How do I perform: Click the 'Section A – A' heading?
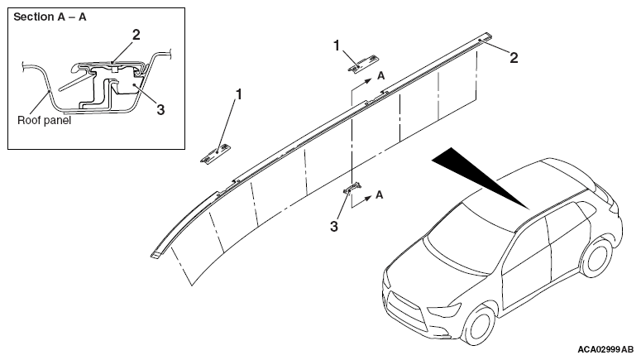(50, 17)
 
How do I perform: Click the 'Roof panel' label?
(44, 120)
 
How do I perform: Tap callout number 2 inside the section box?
(136, 35)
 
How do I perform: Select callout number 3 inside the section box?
(160, 109)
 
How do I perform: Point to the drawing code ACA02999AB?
(605, 350)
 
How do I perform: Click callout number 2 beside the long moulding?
(514, 58)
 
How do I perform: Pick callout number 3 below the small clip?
(334, 226)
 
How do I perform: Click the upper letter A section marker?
(380, 75)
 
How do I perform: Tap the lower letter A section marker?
(380, 194)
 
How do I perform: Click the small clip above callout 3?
(352, 187)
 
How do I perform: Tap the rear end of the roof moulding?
(486, 36)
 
